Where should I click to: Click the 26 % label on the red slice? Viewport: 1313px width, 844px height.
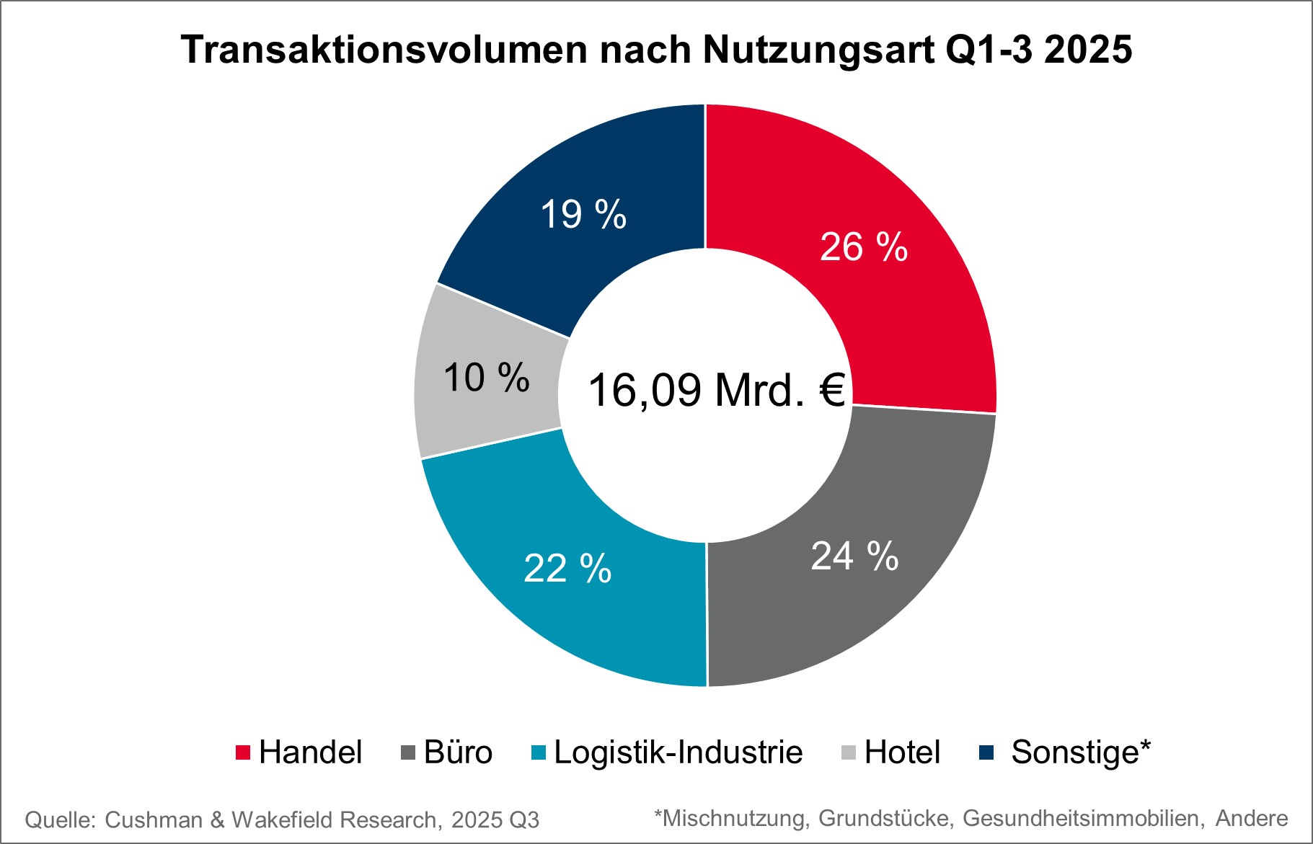point(863,247)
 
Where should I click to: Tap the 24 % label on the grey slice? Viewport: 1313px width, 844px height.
point(854,556)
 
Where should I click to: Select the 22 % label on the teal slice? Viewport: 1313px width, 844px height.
point(567,569)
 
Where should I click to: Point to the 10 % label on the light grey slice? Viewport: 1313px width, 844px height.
point(486,378)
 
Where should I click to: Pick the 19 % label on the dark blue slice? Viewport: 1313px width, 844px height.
point(583,215)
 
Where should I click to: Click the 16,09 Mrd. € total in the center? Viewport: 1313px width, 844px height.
point(716,390)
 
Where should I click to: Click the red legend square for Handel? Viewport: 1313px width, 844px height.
point(243,752)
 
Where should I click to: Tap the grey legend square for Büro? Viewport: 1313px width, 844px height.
point(408,752)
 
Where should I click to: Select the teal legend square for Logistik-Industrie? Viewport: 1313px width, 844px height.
point(539,752)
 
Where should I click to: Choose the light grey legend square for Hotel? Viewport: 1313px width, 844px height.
point(849,752)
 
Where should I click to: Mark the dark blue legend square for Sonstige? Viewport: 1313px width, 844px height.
point(986,752)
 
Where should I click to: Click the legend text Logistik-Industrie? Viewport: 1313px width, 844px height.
point(678,752)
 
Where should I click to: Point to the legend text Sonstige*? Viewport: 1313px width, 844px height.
point(1081,752)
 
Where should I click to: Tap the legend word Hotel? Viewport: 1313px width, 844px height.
point(902,752)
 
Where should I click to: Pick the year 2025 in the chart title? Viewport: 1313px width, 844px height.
point(1088,50)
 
